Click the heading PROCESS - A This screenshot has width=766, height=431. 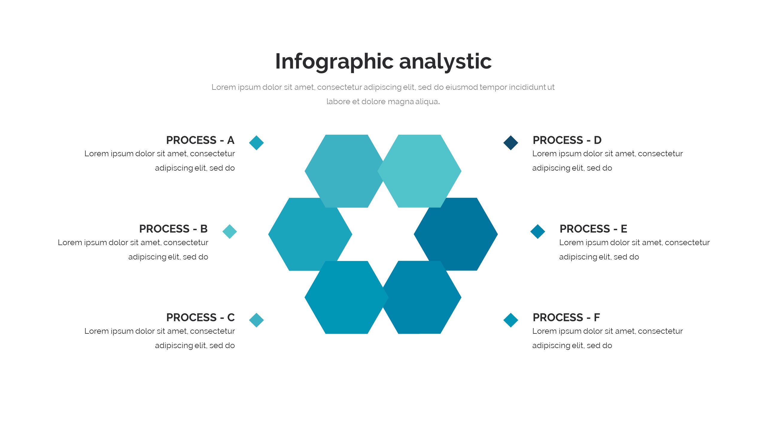pos(200,140)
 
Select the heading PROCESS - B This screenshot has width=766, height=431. pos(173,229)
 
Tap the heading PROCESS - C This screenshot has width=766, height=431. pos(200,317)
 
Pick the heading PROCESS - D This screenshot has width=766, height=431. pos(567,140)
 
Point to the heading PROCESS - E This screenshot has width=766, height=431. pos(593,229)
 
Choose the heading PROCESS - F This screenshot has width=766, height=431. pos(566,317)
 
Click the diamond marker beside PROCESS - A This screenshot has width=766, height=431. pos(256,143)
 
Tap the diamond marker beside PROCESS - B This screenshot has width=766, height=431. pos(230,231)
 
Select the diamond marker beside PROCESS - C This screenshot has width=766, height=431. pos(256,320)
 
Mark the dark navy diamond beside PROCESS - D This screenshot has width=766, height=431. pos(511,143)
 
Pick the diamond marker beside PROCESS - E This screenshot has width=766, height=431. pos(538,231)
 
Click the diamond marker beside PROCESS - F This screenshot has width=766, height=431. pos(511,320)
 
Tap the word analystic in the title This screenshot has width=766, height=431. pos(446,62)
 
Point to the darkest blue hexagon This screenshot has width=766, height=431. pos(456,234)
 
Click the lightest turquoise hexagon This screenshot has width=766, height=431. pos(419,171)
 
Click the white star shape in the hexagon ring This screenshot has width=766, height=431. pos(383,234)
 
